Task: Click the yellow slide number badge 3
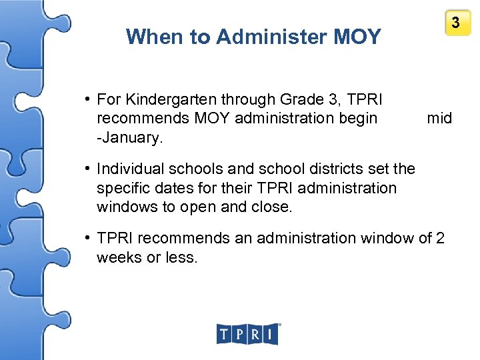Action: pos(456,23)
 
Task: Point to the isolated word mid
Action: pos(439,119)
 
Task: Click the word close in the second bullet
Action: pos(270,207)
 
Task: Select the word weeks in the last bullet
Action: pos(119,257)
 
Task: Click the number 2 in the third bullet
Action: pos(440,238)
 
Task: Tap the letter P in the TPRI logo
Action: pos(239,334)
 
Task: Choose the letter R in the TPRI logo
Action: pos(255,334)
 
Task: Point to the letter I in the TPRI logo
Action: pos(270,334)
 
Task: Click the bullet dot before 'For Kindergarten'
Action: pos(88,100)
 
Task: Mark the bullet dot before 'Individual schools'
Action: pos(88,170)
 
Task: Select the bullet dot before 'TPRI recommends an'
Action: pos(88,238)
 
